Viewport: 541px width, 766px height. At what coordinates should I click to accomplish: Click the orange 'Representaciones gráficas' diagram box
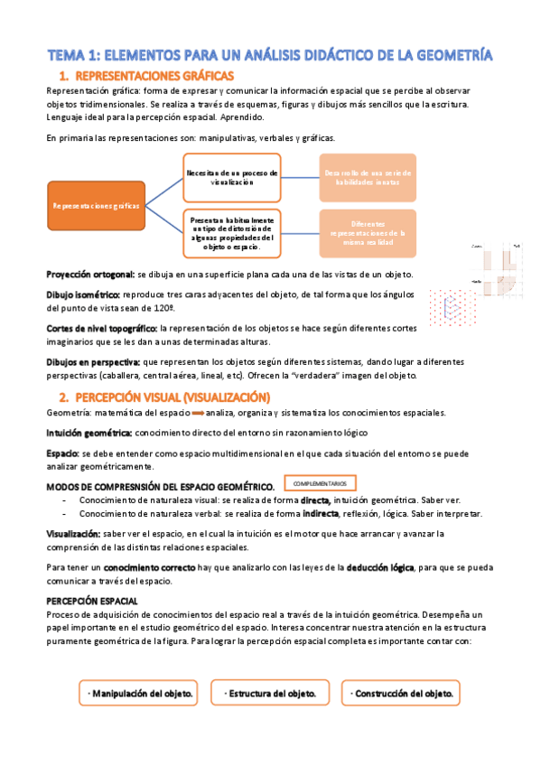(x=96, y=207)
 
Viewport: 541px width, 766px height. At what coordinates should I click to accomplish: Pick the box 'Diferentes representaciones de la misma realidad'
(x=368, y=233)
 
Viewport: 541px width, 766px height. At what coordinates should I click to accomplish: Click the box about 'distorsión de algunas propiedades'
(x=232, y=233)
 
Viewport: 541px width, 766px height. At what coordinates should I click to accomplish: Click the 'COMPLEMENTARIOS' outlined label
(x=320, y=484)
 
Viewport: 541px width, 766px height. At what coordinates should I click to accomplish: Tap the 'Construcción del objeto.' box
(x=401, y=694)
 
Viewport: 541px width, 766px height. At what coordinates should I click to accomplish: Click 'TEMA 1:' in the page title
(x=75, y=55)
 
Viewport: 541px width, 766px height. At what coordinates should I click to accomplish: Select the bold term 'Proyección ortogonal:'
(x=89, y=274)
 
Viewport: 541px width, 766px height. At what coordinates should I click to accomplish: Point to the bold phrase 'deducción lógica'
(x=376, y=567)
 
